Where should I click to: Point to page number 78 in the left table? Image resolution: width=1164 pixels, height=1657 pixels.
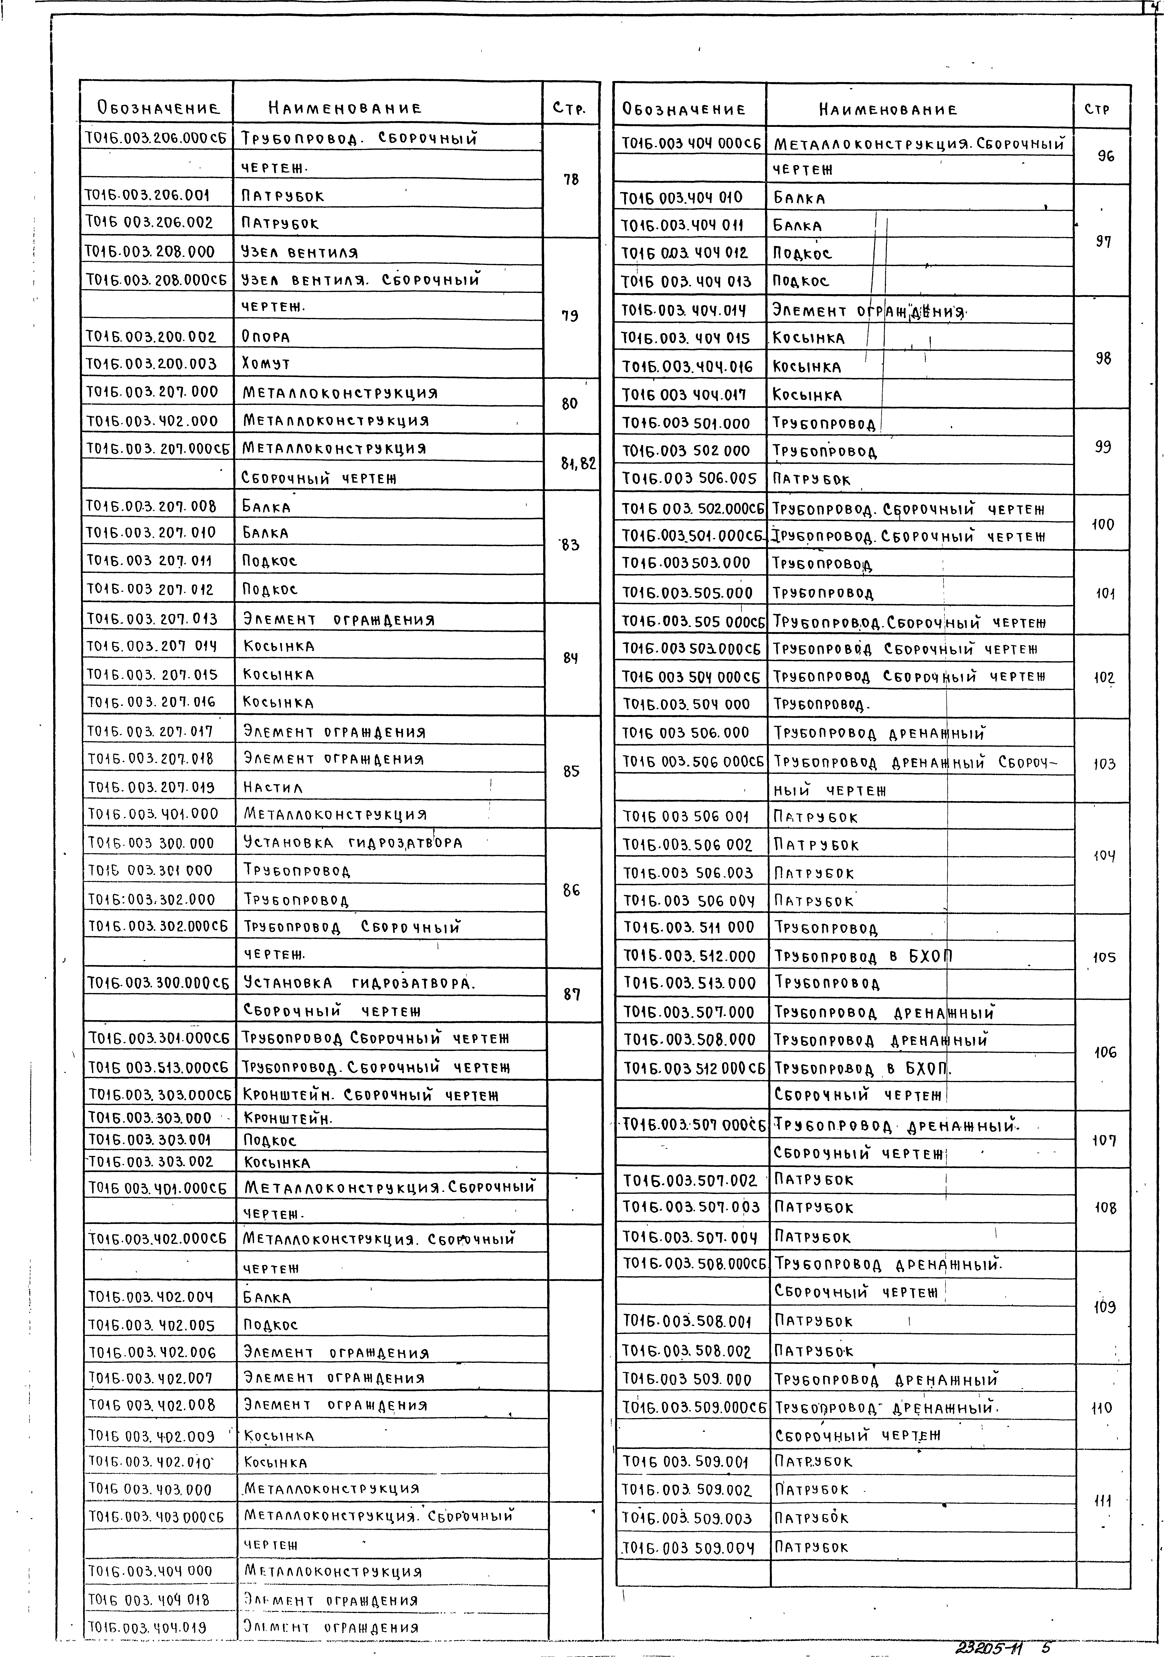tap(571, 180)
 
